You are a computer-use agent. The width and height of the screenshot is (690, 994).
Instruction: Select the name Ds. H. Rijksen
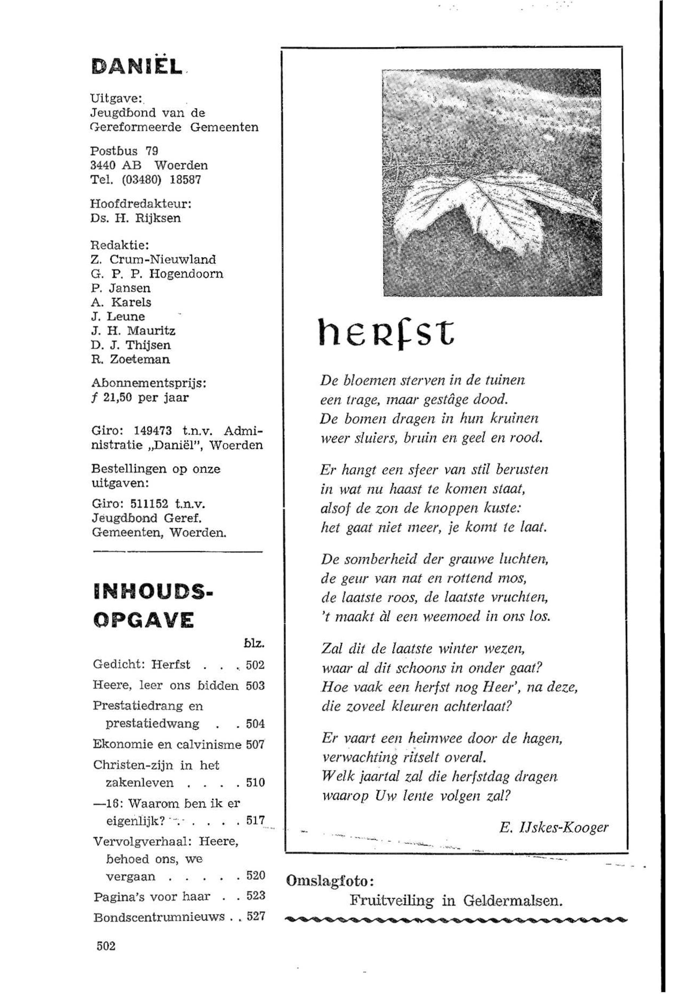tap(136, 218)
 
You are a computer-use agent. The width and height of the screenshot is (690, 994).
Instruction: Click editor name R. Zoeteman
tap(131, 359)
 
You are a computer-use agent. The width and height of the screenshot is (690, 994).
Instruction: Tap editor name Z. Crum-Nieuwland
tap(153, 260)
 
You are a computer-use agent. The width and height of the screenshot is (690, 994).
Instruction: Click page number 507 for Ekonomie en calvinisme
tap(255, 745)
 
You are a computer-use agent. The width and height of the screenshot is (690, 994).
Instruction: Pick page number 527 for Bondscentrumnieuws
tap(255, 917)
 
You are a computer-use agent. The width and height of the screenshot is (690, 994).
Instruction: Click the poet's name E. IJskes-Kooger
tap(553, 827)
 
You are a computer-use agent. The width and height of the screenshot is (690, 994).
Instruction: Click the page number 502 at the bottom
tap(106, 946)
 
